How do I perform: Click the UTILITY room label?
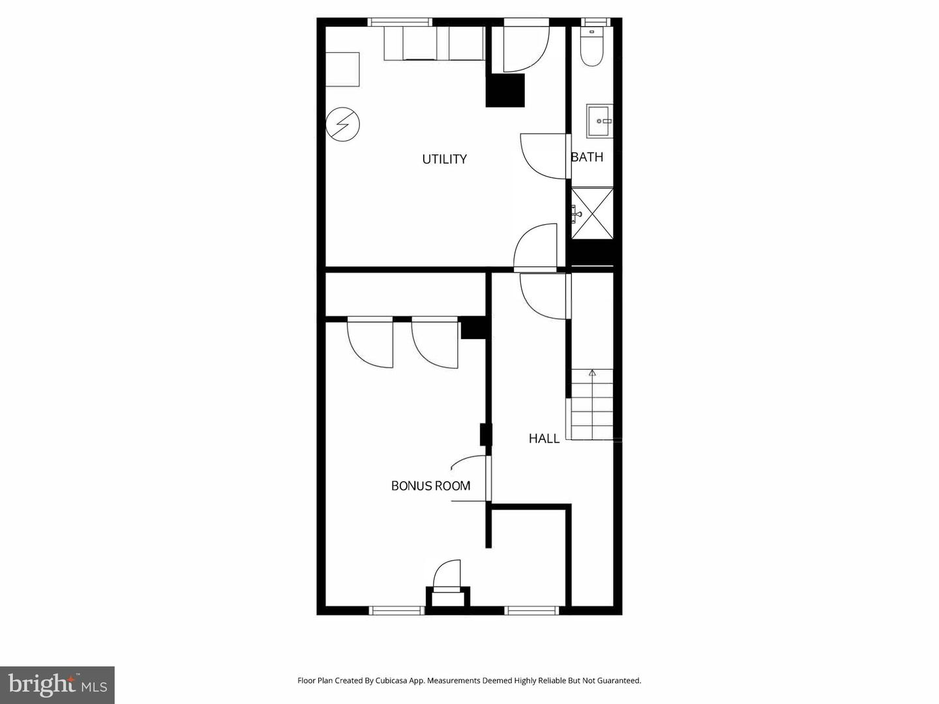point(444,159)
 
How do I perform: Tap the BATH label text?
point(587,157)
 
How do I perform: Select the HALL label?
point(544,439)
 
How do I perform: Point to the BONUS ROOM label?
point(430,486)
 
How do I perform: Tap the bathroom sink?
point(599,121)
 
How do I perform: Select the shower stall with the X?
point(593,214)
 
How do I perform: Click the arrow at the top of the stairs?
point(592,374)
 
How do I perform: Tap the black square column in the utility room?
point(505,90)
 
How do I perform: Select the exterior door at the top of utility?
point(526,47)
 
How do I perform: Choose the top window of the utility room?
point(400,22)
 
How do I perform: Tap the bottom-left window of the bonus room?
point(396,610)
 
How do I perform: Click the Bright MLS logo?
point(57,684)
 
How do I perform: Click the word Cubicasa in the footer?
point(391,681)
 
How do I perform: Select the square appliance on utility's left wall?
point(342,70)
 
